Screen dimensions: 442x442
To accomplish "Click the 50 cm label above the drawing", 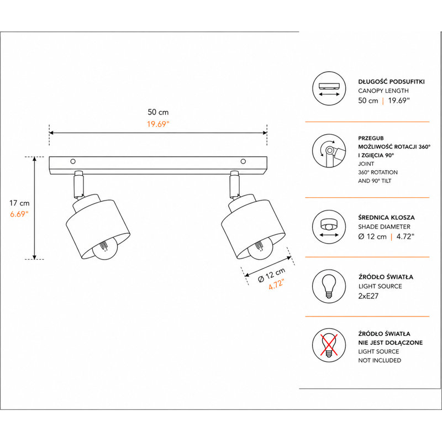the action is pos(158,112).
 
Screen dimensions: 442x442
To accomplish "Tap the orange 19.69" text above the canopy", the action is pos(158,124).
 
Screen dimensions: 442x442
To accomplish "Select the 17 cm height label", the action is pos(19,203).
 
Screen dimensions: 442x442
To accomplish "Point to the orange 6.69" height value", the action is pos(19,214).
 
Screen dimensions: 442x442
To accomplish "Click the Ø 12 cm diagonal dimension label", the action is pos(272,275).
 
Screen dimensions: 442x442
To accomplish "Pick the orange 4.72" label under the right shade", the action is pos(276,285).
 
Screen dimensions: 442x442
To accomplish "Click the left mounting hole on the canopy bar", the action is pos(73,161).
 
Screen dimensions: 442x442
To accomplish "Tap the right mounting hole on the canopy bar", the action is pos(243,161).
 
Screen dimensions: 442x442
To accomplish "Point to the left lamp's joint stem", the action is pos(78,184).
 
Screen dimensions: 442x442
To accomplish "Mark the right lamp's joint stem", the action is pos(234,184).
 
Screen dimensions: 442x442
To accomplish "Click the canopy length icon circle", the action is pos(329,88).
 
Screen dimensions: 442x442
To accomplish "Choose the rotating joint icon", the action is pos(329,151).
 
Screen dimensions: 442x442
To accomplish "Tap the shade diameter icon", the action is pos(329,227).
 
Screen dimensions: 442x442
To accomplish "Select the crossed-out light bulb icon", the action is pos(329,345).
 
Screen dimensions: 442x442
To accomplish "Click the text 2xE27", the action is pos(369,296).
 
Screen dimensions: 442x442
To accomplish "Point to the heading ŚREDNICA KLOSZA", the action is pos(386,217).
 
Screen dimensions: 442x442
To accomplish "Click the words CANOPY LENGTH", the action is pos(383,91).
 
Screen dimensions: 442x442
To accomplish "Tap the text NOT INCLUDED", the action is pos(380,360).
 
